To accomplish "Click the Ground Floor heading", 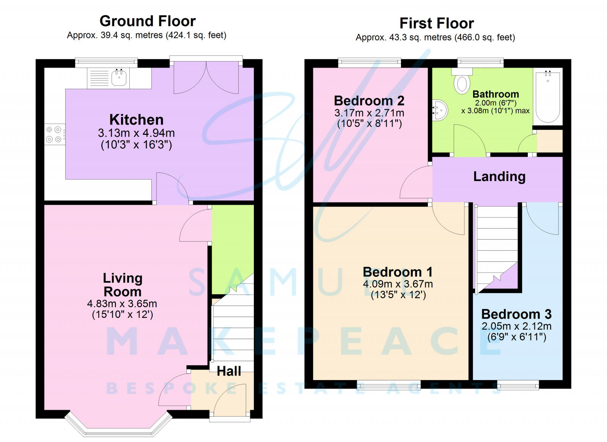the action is click(x=148, y=21).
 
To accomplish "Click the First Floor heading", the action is click(x=437, y=23).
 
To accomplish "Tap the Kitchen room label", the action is click(x=136, y=120).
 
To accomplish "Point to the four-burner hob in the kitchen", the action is click(x=55, y=134).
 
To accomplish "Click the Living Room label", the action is click(x=123, y=285).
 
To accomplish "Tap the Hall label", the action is click(x=229, y=371).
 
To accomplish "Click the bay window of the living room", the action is click(x=118, y=428).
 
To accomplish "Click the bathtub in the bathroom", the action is click(x=548, y=96).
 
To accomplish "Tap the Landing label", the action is click(x=499, y=177).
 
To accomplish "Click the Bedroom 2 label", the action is click(x=369, y=101).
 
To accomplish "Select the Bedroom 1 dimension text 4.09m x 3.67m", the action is click(x=398, y=284).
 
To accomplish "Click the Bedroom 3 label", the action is click(x=516, y=314).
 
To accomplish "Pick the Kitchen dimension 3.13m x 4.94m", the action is click(x=136, y=133).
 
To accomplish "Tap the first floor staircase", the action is click(x=497, y=249).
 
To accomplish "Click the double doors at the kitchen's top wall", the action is click(x=206, y=77).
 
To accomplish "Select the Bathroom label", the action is click(x=495, y=94).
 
